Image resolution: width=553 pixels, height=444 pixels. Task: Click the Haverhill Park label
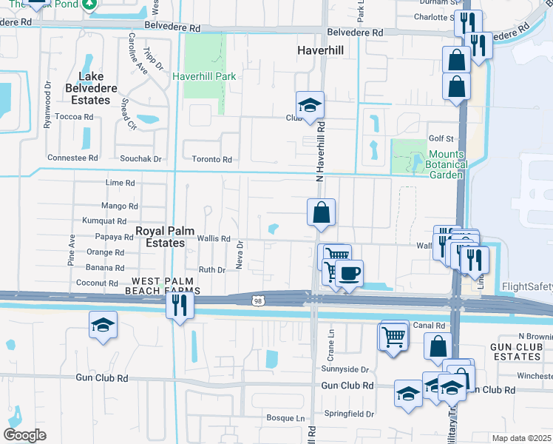click(x=203, y=76)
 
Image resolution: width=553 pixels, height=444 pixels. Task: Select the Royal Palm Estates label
click(x=160, y=237)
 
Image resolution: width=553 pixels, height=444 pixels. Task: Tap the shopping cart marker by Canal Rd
click(x=393, y=337)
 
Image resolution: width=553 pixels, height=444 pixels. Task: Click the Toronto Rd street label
click(x=212, y=159)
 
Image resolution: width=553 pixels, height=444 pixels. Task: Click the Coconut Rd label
click(x=98, y=283)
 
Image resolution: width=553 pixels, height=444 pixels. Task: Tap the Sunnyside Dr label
click(x=345, y=369)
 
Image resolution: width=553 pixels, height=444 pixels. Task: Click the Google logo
click(x=25, y=434)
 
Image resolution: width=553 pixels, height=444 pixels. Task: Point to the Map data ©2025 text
click(x=521, y=438)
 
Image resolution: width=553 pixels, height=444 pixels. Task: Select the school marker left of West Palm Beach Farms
click(x=103, y=325)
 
